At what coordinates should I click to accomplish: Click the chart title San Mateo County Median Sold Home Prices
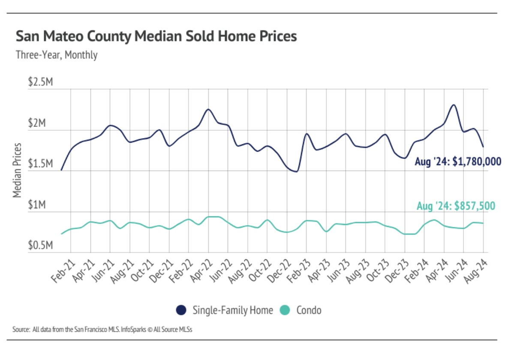(x=156, y=36)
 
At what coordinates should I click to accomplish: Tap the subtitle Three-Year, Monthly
(x=56, y=55)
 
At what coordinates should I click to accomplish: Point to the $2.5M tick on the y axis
(x=40, y=82)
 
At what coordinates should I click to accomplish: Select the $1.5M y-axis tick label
(x=40, y=165)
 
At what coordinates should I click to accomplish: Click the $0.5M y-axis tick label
(x=40, y=246)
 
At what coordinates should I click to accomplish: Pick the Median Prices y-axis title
(x=17, y=171)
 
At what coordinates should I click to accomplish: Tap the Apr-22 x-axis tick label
(x=200, y=270)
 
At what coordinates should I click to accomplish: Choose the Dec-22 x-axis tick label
(x=279, y=270)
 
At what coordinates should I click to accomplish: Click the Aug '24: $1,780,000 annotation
(x=458, y=162)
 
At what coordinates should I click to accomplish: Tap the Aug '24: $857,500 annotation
(x=456, y=206)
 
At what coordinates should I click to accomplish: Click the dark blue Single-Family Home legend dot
(x=182, y=310)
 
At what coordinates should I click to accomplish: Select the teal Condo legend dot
(x=285, y=310)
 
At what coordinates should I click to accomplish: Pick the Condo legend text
(x=309, y=310)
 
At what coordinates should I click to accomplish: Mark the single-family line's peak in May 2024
(x=454, y=105)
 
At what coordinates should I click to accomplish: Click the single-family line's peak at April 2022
(x=208, y=109)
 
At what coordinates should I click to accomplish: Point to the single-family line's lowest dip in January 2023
(x=295, y=171)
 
